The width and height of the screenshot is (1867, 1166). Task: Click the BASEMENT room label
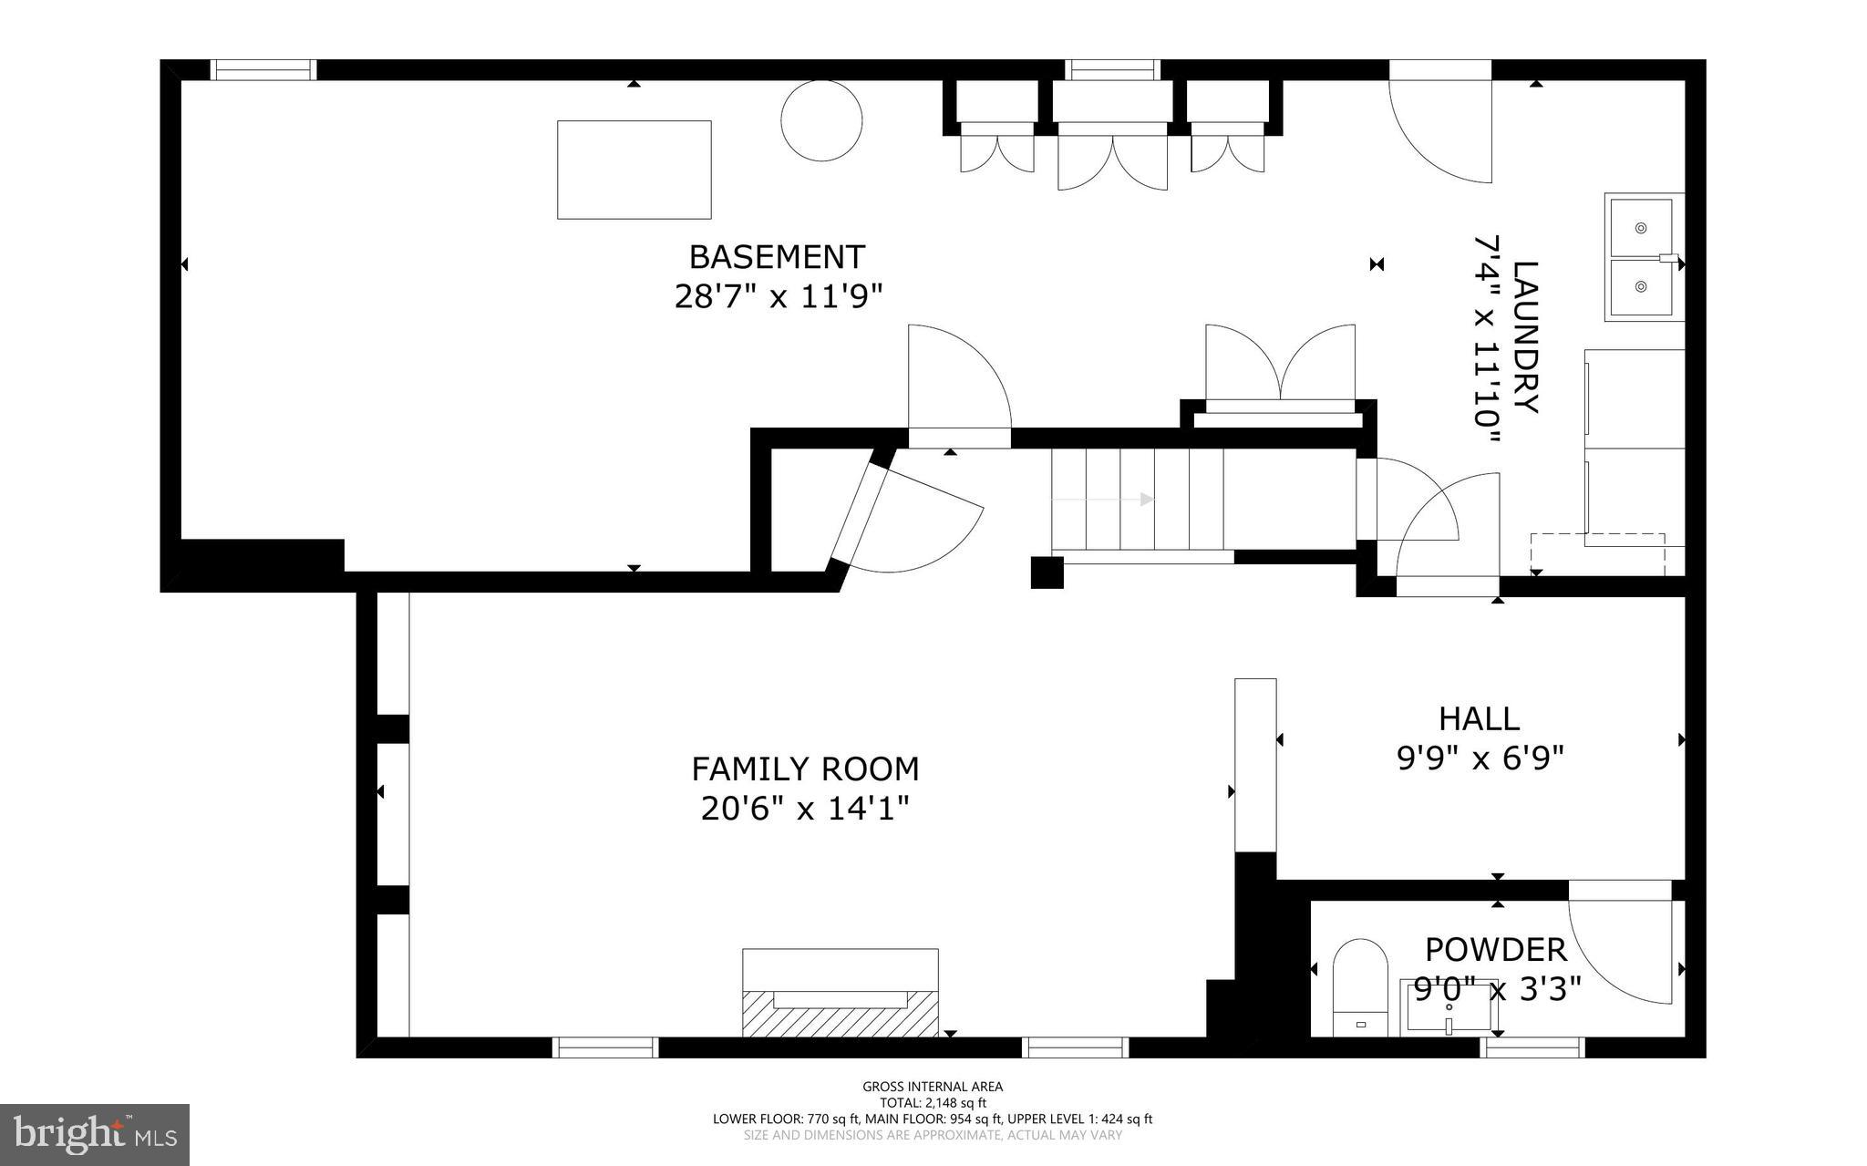pos(777,257)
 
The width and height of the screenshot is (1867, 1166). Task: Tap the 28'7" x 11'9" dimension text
pos(779,297)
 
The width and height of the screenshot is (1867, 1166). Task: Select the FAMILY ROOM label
pos(805,769)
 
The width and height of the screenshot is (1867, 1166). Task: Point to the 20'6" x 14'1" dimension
pos(805,809)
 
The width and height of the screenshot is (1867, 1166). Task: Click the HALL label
pos(1479,718)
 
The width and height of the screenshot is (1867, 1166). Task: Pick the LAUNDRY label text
pos(1525,337)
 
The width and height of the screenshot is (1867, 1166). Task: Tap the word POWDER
pos(1495,950)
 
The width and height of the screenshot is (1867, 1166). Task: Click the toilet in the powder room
pos(1359,987)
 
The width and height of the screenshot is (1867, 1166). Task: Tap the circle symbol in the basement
pos(821,121)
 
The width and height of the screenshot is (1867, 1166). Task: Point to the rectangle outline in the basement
pos(634,170)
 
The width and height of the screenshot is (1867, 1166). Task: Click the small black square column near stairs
pos(1047,573)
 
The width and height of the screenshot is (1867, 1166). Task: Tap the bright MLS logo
pos(95,1135)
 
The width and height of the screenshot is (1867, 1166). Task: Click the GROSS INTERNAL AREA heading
pos(933,1086)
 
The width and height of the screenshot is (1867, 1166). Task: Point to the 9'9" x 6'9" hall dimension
pos(1480,758)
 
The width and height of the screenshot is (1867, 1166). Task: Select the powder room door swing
pos(1621,951)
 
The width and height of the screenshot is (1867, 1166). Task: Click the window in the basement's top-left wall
pos(263,70)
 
